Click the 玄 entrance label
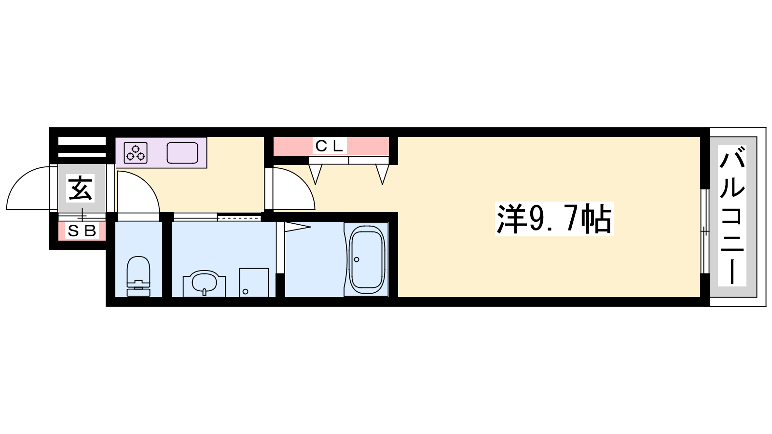[x=80, y=188]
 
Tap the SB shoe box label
[x=82, y=231]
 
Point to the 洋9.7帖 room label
[x=554, y=219]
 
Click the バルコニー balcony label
[x=732, y=216]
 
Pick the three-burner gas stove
[x=136, y=152]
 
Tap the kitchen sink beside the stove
[x=182, y=152]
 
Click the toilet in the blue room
[x=138, y=276]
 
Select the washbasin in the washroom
[x=204, y=283]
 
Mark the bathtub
[x=366, y=259]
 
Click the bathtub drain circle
[x=357, y=259]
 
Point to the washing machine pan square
[x=254, y=283]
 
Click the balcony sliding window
[x=705, y=231]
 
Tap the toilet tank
[x=138, y=292]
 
